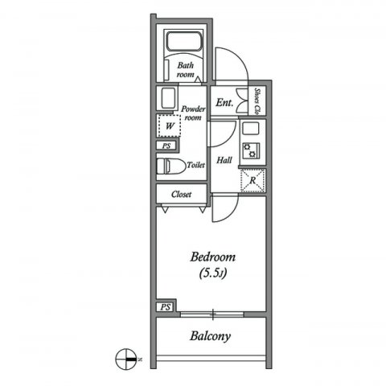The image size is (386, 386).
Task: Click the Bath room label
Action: click(186, 70)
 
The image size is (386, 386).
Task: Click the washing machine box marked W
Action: click(168, 125)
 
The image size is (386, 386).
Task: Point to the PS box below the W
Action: click(166, 146)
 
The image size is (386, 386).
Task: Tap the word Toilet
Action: click(195, 165)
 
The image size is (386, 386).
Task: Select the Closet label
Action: click(181, 194)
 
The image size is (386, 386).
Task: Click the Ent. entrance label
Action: click(224, 102)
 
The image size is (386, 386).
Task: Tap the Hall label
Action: click(224, 160)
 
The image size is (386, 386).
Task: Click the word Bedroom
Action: click(212, 257)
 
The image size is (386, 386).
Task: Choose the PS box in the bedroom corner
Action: click(166, 307)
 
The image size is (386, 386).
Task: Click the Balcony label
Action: click(211, 336)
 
